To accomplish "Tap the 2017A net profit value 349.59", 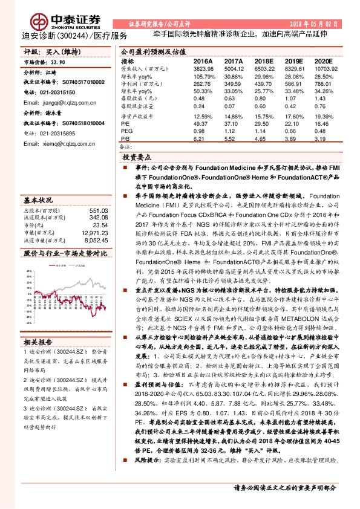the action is tap(233, 85).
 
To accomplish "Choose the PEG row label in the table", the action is tap(126, 131).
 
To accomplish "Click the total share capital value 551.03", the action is tap(98, 210).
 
